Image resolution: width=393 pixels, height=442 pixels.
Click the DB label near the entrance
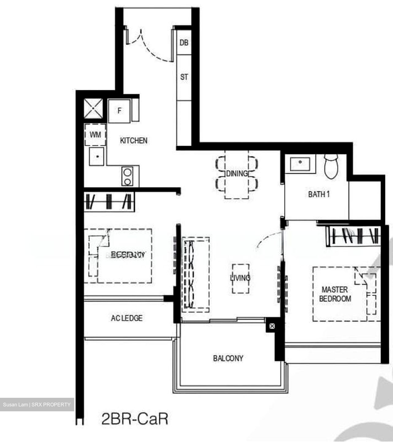pyautogui.click(x=184, y=43)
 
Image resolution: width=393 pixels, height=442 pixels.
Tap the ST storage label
pyautogui.click(x=184, y=77)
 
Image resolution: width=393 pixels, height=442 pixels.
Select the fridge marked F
pyautogui.click(x=119, y=111)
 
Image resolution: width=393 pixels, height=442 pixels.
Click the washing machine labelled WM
pyautogui.click(x=95, y=134)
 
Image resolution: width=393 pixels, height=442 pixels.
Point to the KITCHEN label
pyautogui.click(x=134, y=141)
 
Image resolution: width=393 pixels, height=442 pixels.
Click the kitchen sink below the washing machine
pyautogui.click(x=97, y=156)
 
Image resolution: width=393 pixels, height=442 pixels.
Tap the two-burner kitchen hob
pyautogui.click(x=127, y=176)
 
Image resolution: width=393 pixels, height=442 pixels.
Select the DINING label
pyautogui.click(x=237, y=174)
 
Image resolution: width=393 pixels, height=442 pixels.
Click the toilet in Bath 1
pyautogui.click(x=331, y=166)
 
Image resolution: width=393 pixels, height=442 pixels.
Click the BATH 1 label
pyautogui.click(x=319, y=194)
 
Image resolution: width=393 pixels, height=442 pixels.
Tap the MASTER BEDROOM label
pyautogui.click(x=335, y=294)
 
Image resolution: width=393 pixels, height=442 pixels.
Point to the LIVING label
pyautogui.click(x=240, y=278)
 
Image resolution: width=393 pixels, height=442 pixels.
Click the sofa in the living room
pyautogui.click(x=195, y=274)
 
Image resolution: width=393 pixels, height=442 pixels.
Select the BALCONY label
pyautogui.click(x=228, y=358)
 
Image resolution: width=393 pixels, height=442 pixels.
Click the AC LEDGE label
pyautogui.click(x=127, y=318)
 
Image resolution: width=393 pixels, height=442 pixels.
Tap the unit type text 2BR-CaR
pyautogui.click(x=135, y=419)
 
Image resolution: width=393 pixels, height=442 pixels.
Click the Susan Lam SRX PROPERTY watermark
pyautogui.click(x=37, y=405)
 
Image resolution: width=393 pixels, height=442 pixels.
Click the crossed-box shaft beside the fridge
pyautogui.click(x=93, y=108)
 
